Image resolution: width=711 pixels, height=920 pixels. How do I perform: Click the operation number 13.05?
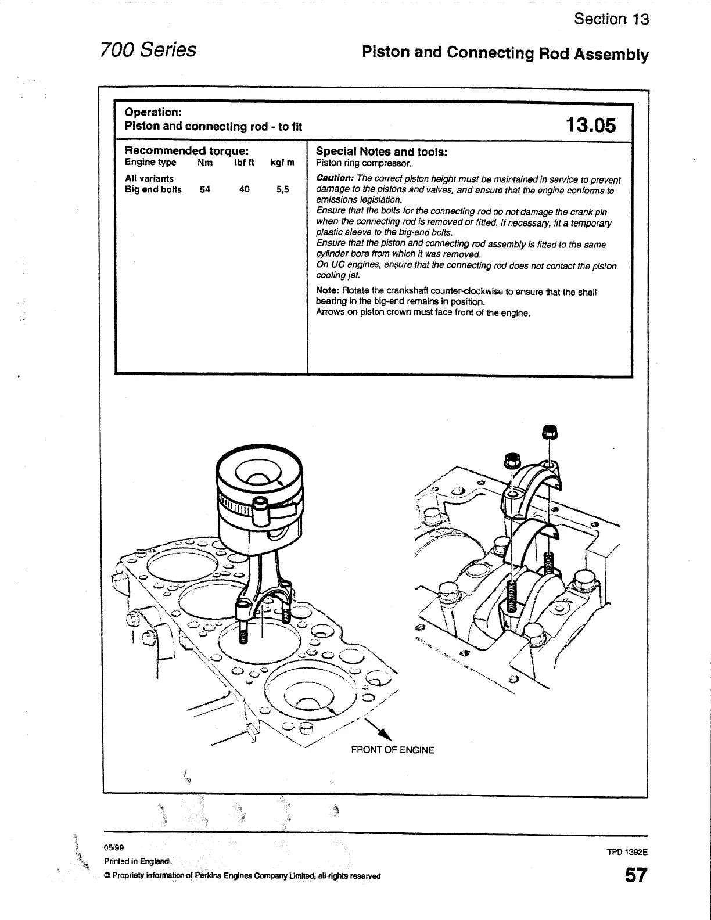coord(590,125)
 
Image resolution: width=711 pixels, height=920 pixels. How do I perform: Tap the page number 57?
coord(635,875)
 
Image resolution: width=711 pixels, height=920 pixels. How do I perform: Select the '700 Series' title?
coord(148,50)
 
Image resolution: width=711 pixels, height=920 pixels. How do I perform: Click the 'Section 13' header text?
coord(611,19)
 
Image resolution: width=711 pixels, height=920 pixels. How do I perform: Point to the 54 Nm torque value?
coord(204,189)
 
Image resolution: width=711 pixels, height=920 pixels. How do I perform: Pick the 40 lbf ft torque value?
coord(244,189)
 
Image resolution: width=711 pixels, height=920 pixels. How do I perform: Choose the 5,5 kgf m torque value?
coord(283,189)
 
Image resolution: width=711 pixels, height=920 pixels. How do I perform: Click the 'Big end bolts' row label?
coord(153,189)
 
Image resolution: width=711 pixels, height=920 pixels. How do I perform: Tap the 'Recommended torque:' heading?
coord(187,152)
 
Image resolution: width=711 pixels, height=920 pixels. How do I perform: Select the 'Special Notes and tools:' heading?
coord(381,152)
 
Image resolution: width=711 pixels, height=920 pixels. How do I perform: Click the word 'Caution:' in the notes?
coord(335,179)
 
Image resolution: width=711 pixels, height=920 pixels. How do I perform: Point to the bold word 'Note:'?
coord(328,291)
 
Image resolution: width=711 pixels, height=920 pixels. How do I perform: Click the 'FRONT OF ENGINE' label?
coord(392,750)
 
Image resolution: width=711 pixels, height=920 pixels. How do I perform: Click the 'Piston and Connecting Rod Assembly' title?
coord(505,53)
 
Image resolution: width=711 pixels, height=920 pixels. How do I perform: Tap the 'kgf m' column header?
coord(282,163)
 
